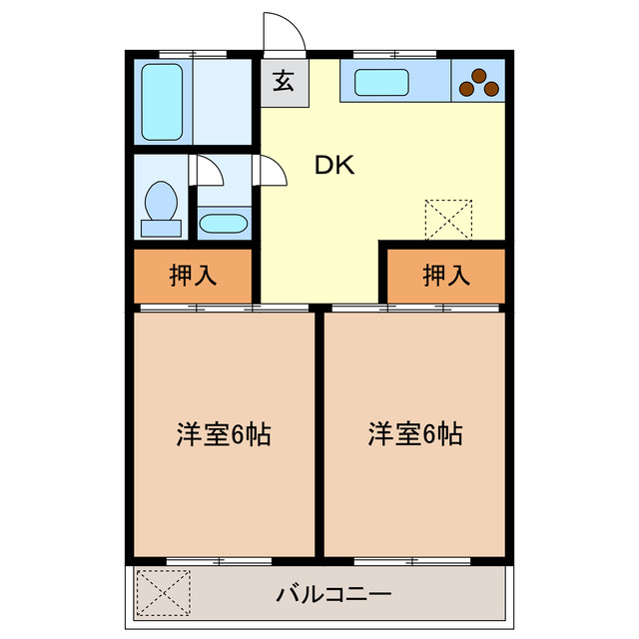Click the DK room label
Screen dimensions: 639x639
coord(335,166)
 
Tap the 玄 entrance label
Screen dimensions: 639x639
coord(285,83)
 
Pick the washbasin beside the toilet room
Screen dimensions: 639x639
coord(224,222)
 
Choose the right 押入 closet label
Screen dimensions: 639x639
coord(445,276)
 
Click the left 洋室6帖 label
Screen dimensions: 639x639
coord(225,435)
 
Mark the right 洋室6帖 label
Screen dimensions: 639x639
coord(414,435)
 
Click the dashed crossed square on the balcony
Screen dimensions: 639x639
coord(162,593)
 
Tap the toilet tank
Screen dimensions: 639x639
coord(161,229)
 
